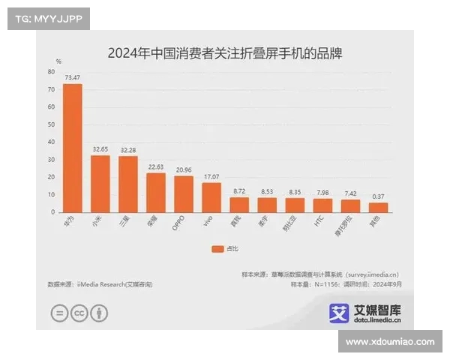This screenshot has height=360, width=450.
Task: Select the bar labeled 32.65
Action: tap(100, 184)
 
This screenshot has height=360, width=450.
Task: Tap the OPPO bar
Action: tap(184, 194)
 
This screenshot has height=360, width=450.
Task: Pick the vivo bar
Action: tap(211, 197)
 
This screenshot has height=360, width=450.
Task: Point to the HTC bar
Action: tap(322, 205)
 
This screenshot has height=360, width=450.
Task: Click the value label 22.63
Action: tap(156, 167)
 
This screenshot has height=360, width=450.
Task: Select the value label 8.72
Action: tap(239, 192)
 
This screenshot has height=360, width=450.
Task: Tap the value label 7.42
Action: tap(350, 193)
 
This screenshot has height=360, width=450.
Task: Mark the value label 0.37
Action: tap(378, 196)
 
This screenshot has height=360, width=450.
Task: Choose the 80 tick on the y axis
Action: tap(51, 72)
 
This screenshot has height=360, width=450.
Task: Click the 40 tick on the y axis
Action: tap(51, 142)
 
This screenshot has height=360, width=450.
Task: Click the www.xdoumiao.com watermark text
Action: tap(390, 341)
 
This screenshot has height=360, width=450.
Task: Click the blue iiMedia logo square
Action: tap(340, 313)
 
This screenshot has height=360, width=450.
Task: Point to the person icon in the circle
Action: tap(99, 314)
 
